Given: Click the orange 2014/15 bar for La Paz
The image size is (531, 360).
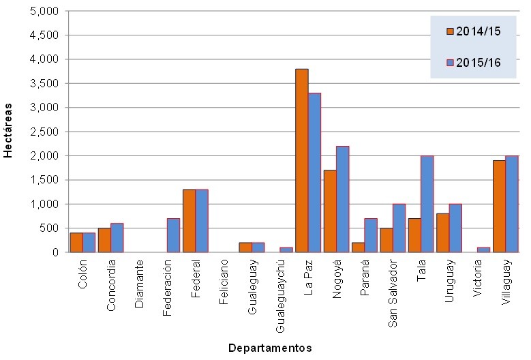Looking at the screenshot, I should point(301,160).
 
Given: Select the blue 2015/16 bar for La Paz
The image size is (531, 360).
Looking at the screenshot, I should point(314,172).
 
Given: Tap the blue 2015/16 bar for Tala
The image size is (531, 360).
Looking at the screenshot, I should point(427,204).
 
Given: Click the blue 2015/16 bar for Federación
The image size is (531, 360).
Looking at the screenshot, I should point(174,235).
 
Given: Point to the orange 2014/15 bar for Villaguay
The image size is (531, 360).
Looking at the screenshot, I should point(499,206).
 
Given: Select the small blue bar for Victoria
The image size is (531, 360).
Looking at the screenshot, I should point(483,250).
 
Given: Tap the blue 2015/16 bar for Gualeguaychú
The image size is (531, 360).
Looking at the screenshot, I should point(286,250).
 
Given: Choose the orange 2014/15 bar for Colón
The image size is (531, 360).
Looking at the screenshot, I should point(76,242).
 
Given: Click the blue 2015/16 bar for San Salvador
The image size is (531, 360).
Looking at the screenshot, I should point(399,228).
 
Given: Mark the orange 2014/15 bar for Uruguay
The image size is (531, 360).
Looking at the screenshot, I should point(443,232).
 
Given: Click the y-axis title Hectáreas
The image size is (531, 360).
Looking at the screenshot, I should point(8,132).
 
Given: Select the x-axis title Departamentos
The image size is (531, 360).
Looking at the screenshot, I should point(270,348).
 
